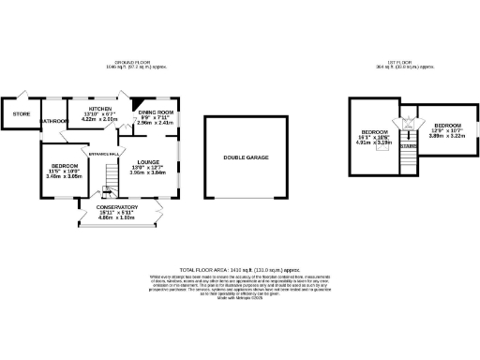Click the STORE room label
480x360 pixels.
tap(21, 114)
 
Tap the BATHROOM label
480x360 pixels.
tap(53, 121)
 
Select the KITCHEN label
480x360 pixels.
tap(100, 109)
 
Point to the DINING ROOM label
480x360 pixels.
tap(156, 112)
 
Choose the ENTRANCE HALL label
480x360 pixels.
tap(102, 153)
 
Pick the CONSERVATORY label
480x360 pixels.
tap(118, 206)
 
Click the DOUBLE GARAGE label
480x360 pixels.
tap(246, 157)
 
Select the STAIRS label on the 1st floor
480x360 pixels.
tap(408, 146)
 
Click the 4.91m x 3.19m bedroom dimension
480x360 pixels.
tap(375, 143)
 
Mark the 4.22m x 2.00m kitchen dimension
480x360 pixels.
tap(100, 120)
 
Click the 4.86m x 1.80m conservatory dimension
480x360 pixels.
tap(118, 217)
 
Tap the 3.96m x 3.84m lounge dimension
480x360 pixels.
tap(147, 172)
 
